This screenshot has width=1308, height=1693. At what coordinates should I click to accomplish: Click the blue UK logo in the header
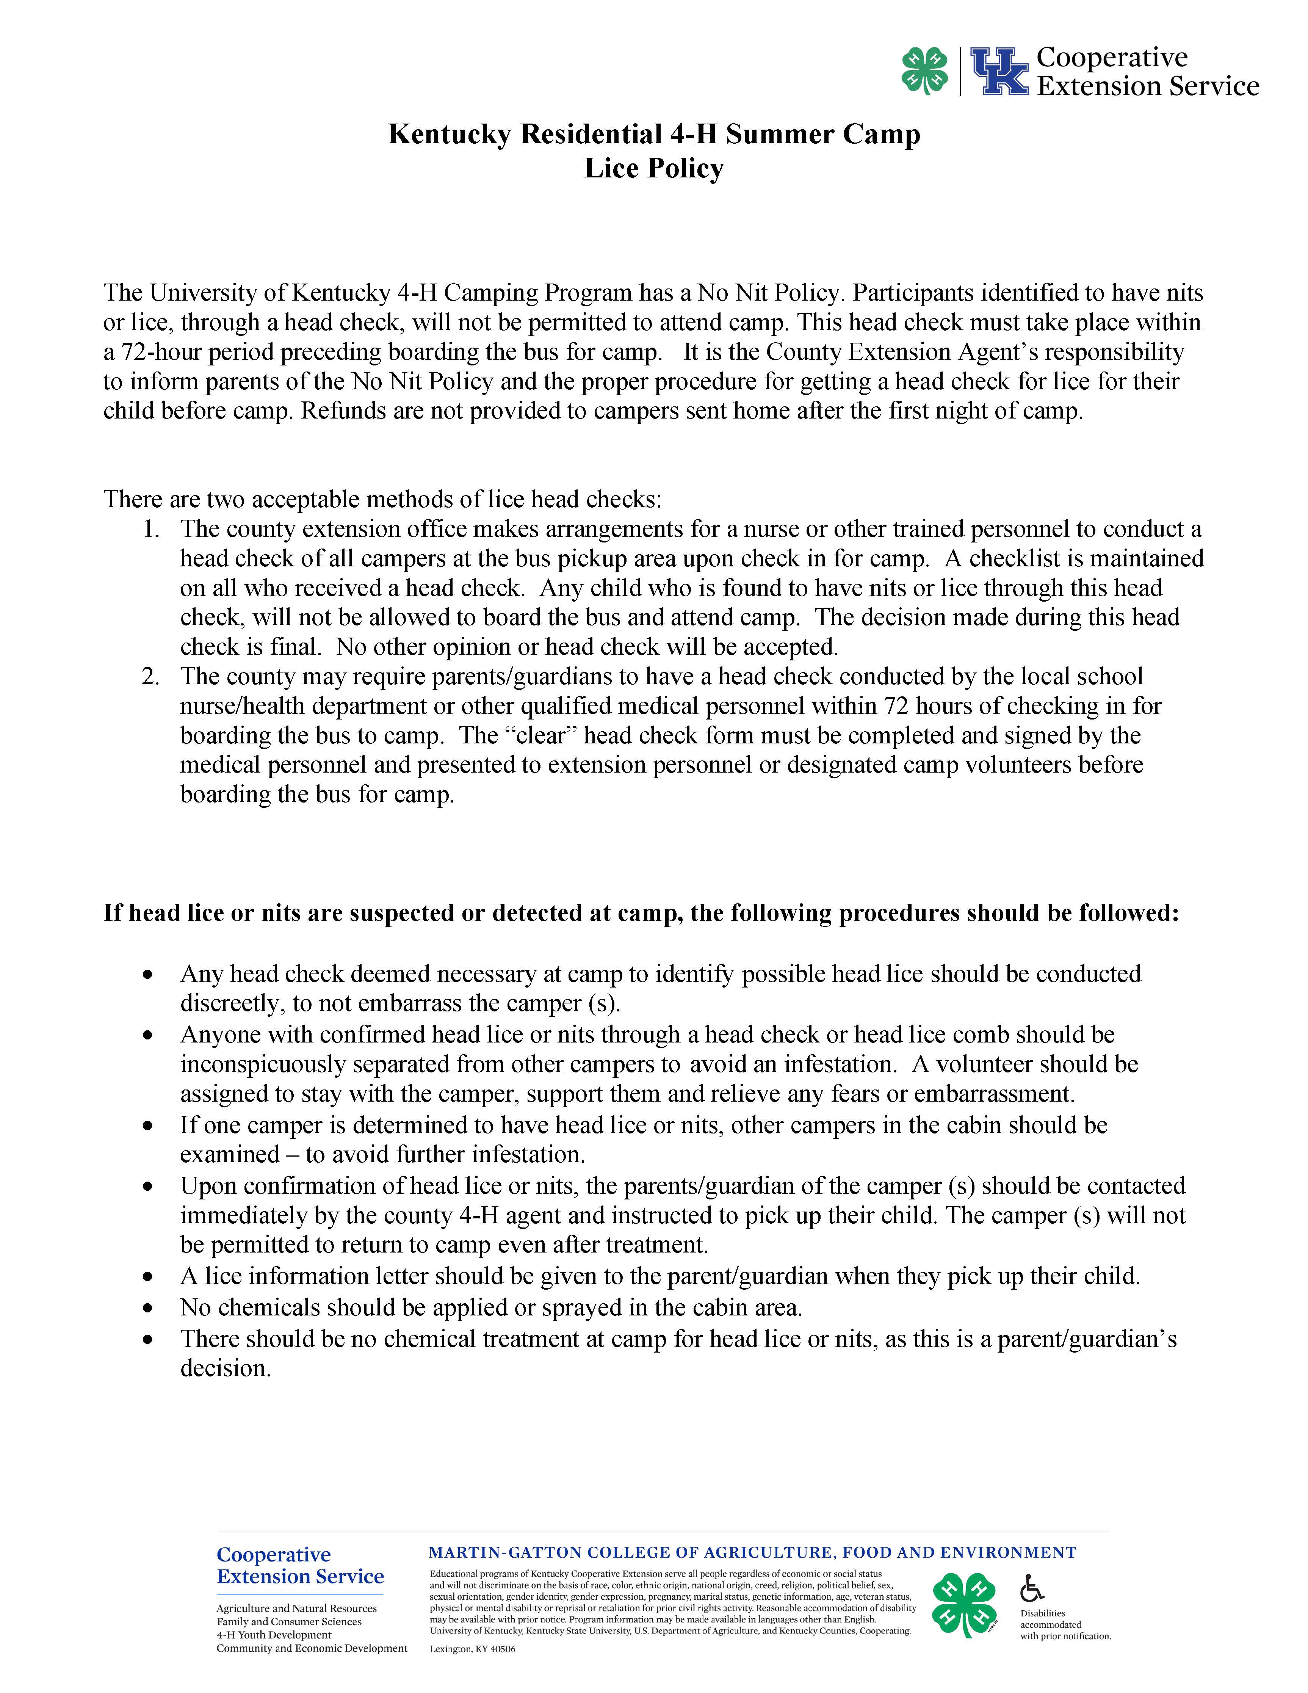999,71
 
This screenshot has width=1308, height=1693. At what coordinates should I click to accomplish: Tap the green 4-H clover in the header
924,71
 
